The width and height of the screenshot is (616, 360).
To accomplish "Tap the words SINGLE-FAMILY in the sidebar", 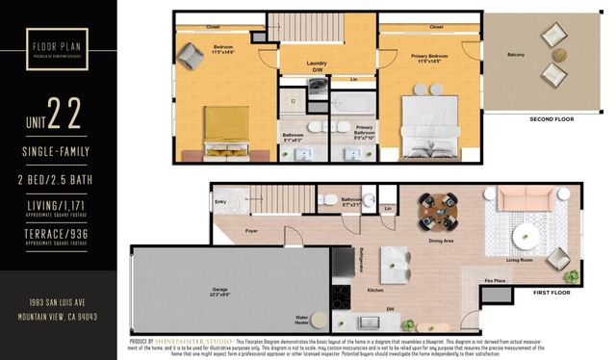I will [59, 153].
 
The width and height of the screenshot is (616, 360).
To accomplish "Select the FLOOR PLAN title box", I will [59, 47].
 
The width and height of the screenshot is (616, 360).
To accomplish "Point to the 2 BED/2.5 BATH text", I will [59, 180].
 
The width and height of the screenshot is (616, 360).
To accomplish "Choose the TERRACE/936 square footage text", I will [59, 234].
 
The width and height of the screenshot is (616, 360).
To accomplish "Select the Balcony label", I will [516, 55].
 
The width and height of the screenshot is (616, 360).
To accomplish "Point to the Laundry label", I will [317, 64].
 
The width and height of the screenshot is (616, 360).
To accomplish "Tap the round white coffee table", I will [527, 235].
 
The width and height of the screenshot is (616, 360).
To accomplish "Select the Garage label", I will [219, 289].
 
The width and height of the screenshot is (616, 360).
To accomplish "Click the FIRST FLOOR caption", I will [552, 291].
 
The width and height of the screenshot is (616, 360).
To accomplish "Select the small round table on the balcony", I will [555, 55].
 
